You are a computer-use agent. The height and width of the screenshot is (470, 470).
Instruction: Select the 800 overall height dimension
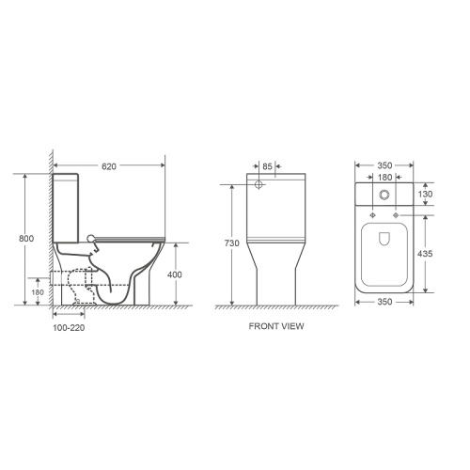(x=27, y=239)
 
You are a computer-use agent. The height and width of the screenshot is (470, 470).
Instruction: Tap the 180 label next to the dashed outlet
(x=39, y=291)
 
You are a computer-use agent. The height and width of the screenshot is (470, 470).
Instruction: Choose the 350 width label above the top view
(x=383, y=164)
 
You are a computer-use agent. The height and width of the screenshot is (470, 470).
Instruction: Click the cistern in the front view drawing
(x=275, y=202)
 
